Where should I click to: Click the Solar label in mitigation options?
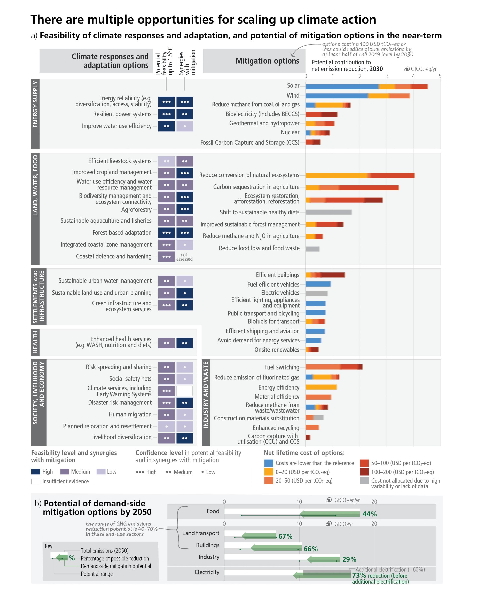(x=293, y=86)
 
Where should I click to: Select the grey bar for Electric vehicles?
(x=316, y=293)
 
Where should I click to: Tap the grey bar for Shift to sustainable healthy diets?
(x=329, y=212)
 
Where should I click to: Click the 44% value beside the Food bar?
(x=369, y=514)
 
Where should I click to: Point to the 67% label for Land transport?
(x=285, y=536)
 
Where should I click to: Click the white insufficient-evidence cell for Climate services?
(x=185, y=391)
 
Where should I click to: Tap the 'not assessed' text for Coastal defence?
(x=184, y=257)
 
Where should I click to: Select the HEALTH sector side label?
(x=35, y=342)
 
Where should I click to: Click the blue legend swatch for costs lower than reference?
(x=268, y=463)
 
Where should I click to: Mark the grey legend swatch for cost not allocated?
(x=364, y=481)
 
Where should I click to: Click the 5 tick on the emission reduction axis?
(x=440, y=76)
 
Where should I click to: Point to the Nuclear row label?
(x=290, y=132)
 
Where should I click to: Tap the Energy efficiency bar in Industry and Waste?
(x=321, y=387)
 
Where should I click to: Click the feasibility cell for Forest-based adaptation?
(x=166, y=233)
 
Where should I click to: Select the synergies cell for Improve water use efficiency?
(x=185, y=126)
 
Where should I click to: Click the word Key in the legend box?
(x=48, y=546)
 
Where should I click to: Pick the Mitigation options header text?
(x=267, y=61)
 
